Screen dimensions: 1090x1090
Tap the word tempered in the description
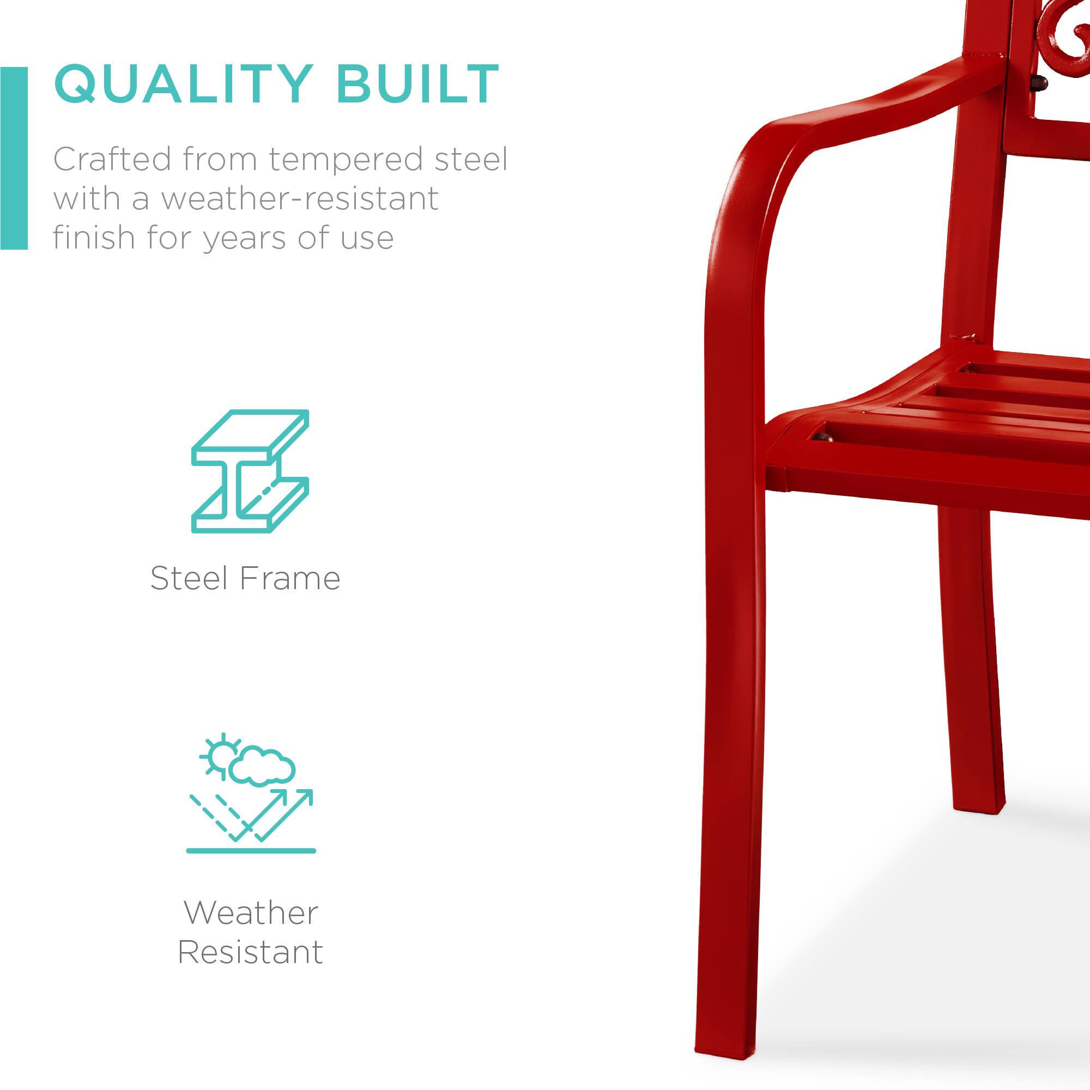(345, 160)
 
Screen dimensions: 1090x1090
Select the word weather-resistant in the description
(300, 198)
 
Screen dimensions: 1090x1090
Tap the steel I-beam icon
(250, 471)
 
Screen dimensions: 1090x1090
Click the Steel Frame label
(245, 579)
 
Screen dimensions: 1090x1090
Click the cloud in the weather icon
(262, 766)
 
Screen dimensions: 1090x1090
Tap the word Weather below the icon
(251, 913)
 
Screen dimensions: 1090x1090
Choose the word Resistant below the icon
(251, 953)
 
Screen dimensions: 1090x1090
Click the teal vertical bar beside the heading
(14, 158)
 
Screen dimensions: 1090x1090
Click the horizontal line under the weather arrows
(251, 851)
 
